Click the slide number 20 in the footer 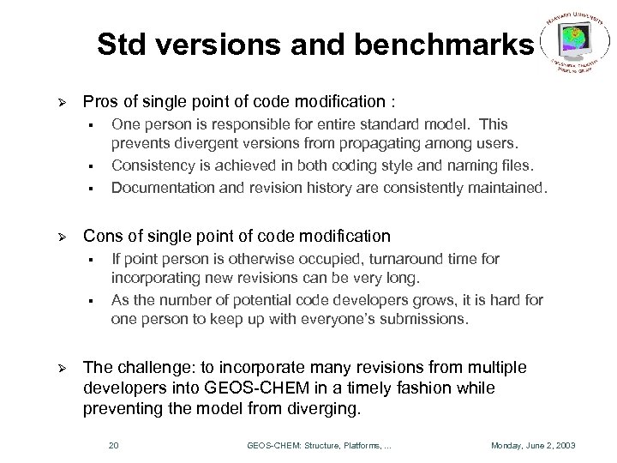(115, 444)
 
